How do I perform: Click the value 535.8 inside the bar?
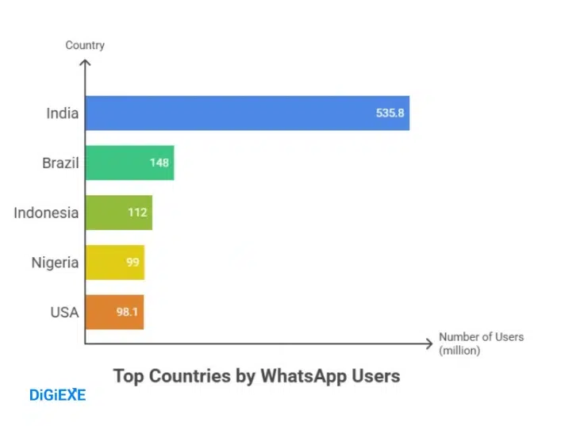coord(390,113)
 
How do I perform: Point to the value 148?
coord(159,163)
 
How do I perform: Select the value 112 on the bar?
coord(138,213)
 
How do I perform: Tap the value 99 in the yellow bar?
coord(133,262)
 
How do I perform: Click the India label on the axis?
coord(62,113)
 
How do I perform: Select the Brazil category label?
coord(60,163)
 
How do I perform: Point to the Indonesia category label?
coord(46,213)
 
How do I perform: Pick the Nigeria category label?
coord(55,262)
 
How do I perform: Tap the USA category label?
coord(64,312)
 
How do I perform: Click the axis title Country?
coord(85,45)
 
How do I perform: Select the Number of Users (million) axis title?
coord(481,343)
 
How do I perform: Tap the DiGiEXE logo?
coord(57,394)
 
